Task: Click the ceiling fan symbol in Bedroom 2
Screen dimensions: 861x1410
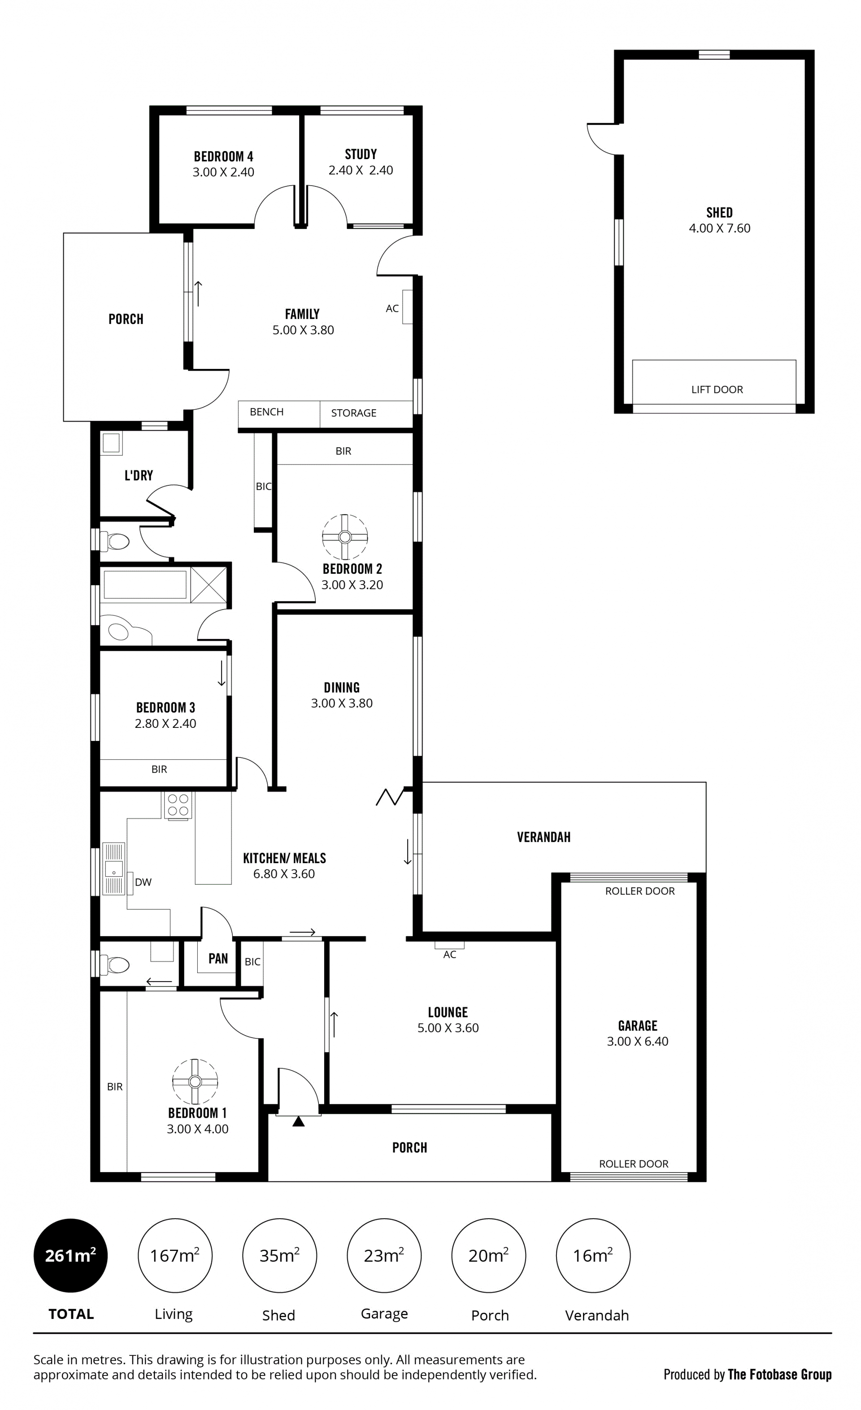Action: coord(345,537)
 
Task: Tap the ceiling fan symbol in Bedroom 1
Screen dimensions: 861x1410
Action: coord(195,1081)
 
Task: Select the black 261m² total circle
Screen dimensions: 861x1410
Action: coord(70,1255)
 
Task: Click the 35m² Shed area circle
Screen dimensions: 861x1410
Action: coord(279,1255)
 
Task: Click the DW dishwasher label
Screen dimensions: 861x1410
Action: coord(143,882)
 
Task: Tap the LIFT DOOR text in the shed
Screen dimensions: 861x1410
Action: coord(717,389)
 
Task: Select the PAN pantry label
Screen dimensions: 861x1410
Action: coord(218,959)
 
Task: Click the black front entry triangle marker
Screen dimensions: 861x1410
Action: coord(298,1121)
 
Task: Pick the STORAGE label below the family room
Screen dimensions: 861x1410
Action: coord(354,413)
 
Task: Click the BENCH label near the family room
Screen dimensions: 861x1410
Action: coord(267,412)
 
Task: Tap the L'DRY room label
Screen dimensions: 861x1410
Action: coord(139,476)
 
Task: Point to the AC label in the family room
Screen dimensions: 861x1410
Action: coord(392,308)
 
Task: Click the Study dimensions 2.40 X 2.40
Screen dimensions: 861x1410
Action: coord(361,170)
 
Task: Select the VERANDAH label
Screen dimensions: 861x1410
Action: coord(544,837)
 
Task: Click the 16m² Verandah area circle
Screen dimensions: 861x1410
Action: coord(593,1255)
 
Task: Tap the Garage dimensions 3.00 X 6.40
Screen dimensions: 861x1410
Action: coord(638,1042)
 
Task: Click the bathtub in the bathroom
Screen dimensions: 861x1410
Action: coord(145,585)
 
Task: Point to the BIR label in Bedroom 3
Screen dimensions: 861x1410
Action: coord(159,770)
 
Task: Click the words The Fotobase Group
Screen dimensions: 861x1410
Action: coord(780,1375)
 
